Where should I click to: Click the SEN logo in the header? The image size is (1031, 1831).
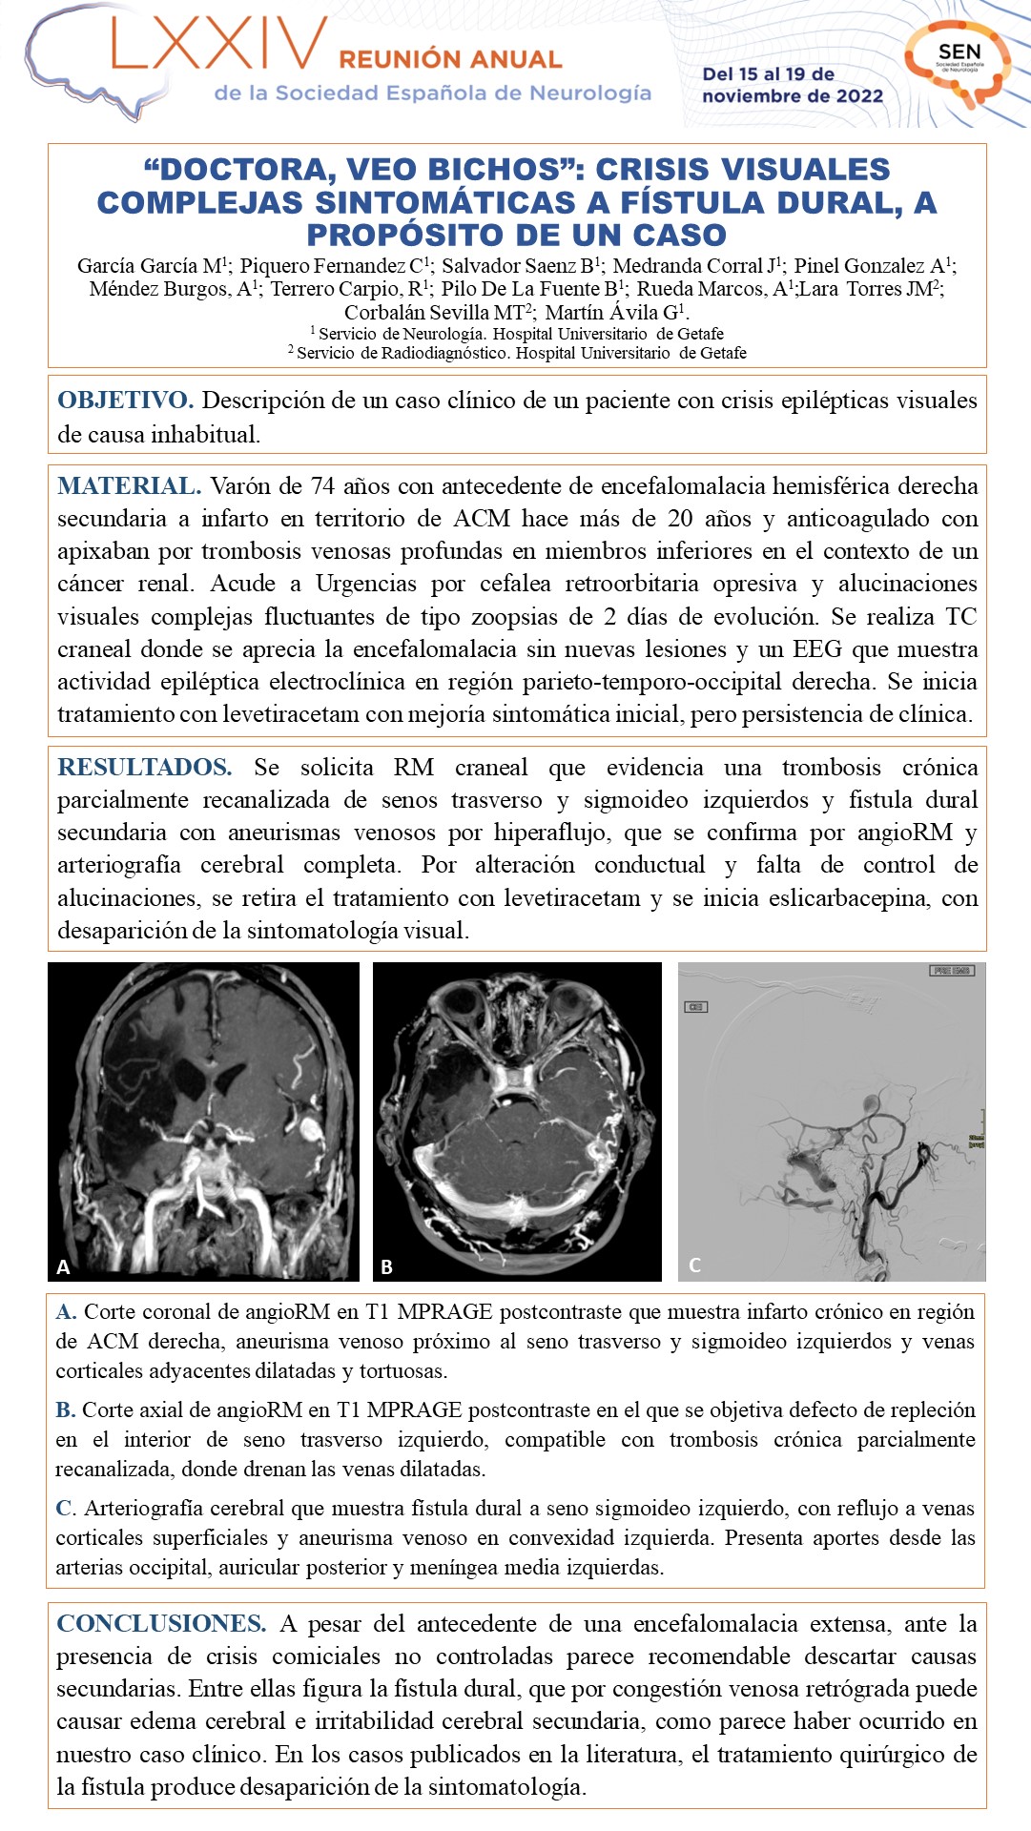pos(959,59)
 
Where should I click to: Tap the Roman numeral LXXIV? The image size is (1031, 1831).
pos(218,45)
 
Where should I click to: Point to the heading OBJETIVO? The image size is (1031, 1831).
pos(125,401)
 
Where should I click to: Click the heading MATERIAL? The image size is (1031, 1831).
pos(129,486)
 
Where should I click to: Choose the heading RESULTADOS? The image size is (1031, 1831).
pos(144,768)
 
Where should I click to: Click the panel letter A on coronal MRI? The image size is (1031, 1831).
pos(63,1266)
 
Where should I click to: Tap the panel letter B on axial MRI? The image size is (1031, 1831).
pos(386,1266)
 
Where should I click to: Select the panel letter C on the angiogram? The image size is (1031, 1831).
pos(694,1265)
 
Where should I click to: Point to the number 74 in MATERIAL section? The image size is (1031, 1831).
pos(322,486)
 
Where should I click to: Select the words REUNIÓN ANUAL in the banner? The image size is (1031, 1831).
pos(450,60)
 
